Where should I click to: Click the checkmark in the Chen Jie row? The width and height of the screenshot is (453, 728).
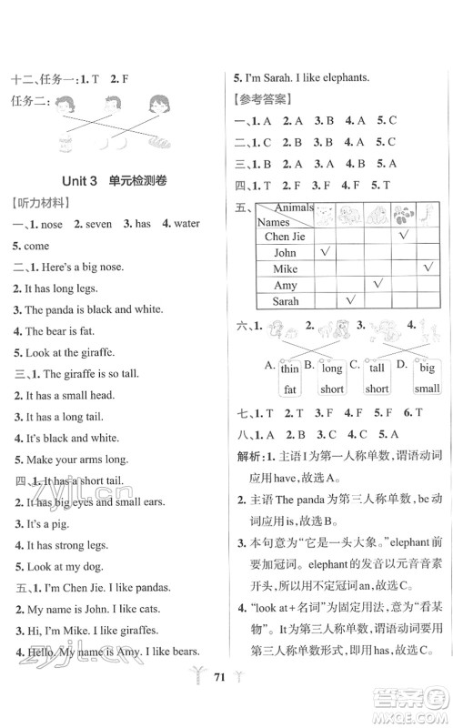pos(402,235)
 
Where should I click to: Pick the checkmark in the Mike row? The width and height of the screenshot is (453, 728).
pos(428,268)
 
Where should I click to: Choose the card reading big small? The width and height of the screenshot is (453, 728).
pos(427,378)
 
